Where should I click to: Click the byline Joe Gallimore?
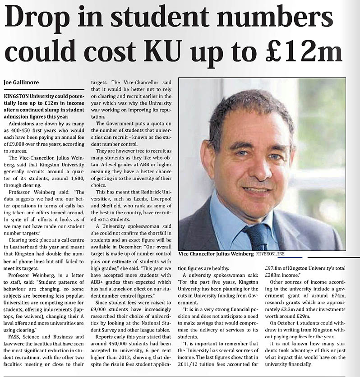22,82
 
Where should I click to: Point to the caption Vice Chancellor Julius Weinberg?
216,254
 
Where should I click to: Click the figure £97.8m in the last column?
275,267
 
